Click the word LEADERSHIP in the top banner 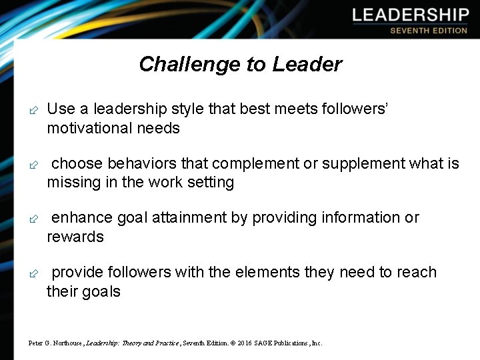point(410,15)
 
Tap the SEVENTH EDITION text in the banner point(429,31)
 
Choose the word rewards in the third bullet point(75,237)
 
